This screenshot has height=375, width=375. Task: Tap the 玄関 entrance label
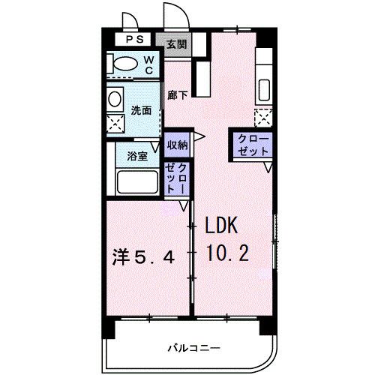(177, 43)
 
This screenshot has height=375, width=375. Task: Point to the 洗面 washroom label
(142, 110)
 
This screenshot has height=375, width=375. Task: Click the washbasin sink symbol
(115, 99)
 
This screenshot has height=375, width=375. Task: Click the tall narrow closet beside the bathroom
(178, 179)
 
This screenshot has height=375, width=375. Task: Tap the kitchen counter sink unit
(265, 75)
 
